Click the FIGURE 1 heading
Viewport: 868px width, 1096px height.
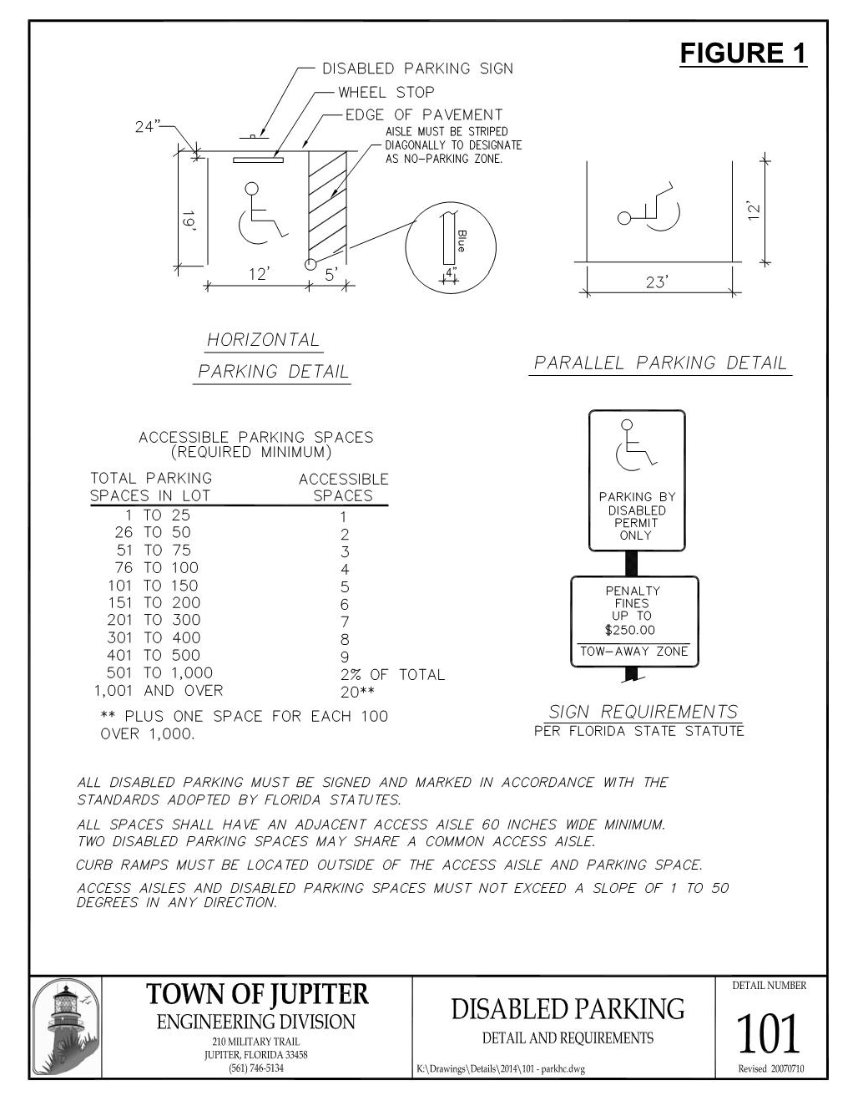[x=743, y=53]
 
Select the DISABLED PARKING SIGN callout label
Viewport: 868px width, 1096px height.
[x=417, y=68]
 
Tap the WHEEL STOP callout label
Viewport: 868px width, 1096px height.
[x=386, y=92]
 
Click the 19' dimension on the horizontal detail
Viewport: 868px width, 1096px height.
[x=190, y=222]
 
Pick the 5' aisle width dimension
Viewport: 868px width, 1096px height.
[x=331, y=273]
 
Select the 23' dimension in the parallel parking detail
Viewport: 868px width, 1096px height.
[x=657, y=282]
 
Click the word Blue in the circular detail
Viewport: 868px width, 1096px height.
[x=462, y=241]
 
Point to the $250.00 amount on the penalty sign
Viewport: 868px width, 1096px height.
[x=630, y=630]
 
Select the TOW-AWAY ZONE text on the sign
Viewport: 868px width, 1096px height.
[x=634, y=652]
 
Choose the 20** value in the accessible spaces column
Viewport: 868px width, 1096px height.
[x=357, y=692]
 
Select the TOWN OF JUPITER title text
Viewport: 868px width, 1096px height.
[x=257, y=994]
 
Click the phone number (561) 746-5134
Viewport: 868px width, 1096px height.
[x=255, y=1068]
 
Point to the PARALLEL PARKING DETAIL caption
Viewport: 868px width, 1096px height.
[x=659, y=363]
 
